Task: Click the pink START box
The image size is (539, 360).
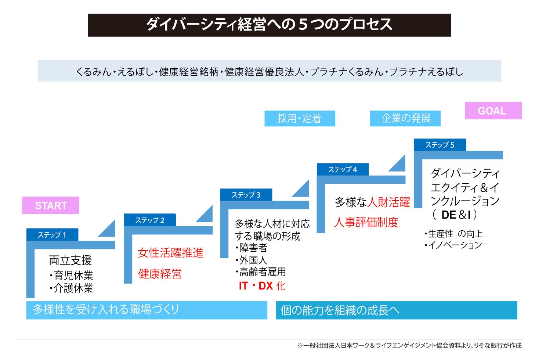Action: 51,205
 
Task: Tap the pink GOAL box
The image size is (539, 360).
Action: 493,111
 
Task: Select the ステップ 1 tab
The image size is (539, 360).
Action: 52,235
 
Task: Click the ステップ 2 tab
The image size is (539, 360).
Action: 150,220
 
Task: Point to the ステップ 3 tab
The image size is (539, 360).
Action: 246,195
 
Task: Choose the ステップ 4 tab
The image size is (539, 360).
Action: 343,169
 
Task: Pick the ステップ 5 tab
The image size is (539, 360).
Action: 439,145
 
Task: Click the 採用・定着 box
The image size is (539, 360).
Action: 300,118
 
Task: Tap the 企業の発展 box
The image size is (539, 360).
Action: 405,118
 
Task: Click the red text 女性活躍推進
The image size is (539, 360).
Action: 170,253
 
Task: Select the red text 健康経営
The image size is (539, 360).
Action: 160,274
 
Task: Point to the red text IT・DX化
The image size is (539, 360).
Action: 262,286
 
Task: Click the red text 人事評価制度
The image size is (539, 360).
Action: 366,222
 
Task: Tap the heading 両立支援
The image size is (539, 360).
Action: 70,260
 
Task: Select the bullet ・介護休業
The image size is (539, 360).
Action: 71,288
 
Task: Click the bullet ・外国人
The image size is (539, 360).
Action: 252,260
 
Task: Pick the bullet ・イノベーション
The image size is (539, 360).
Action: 453,245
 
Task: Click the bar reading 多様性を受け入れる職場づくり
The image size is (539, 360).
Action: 146,310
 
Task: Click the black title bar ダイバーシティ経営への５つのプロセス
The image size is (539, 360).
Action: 269,25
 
